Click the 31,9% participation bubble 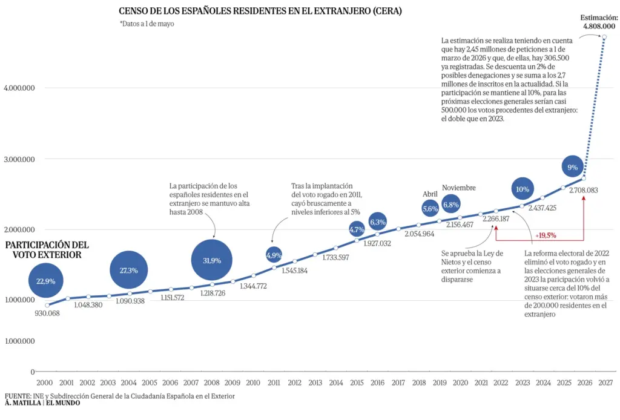pos(211,260)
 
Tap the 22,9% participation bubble pos(46,281)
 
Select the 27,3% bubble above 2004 pos(128,270)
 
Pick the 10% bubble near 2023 pos(523,189)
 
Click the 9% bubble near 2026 pos(572,167)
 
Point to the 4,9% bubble pos(274,255)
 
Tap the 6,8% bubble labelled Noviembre pos(450,205)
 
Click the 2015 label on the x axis pos(357,382)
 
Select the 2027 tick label pos(605,382)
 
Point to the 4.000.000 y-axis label pos(19,88)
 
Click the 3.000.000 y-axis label pos(19,159)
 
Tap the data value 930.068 pos(47,313)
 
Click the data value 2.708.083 pos(584,190)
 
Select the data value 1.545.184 pos(295,271)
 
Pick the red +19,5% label pos(546,235)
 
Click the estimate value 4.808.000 pos(599,26)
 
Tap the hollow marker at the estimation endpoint pos(604,37)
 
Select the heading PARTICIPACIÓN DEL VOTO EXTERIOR pos(47,250)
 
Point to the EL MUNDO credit pos(63,402)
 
